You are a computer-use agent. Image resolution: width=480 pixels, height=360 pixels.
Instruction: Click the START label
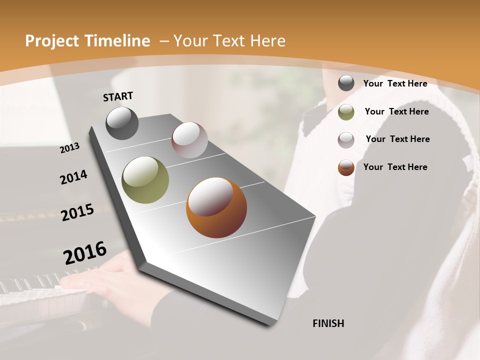[118, 96]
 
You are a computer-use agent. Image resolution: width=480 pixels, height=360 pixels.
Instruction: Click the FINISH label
[328, 323]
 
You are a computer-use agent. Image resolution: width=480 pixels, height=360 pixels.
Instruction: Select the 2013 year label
[69, 148]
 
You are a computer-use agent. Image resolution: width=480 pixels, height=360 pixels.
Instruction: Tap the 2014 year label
[73, 177]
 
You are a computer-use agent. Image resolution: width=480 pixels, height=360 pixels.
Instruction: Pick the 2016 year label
[85, 253]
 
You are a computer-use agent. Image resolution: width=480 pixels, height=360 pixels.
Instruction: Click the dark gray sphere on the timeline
[122, 123]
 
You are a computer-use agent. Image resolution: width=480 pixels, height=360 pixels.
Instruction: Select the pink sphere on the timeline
[189, 140]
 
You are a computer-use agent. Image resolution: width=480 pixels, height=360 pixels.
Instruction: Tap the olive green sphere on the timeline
[145, 180]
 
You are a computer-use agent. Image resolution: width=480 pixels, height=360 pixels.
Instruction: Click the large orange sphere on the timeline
[216, 207]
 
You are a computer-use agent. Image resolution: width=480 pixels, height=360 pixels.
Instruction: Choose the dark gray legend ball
[346, 83]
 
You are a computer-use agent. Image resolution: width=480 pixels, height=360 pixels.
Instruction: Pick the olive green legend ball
[346, 112]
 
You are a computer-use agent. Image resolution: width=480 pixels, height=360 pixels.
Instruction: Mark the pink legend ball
[346, 140]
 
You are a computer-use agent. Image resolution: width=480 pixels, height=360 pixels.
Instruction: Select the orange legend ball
[346, 167]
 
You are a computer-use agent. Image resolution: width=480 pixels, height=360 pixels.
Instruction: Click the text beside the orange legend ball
[395, 167]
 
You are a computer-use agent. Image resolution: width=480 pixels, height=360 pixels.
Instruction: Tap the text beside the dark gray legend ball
[395, 83]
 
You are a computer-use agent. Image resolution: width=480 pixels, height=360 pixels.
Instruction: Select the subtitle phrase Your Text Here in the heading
[229, 41]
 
